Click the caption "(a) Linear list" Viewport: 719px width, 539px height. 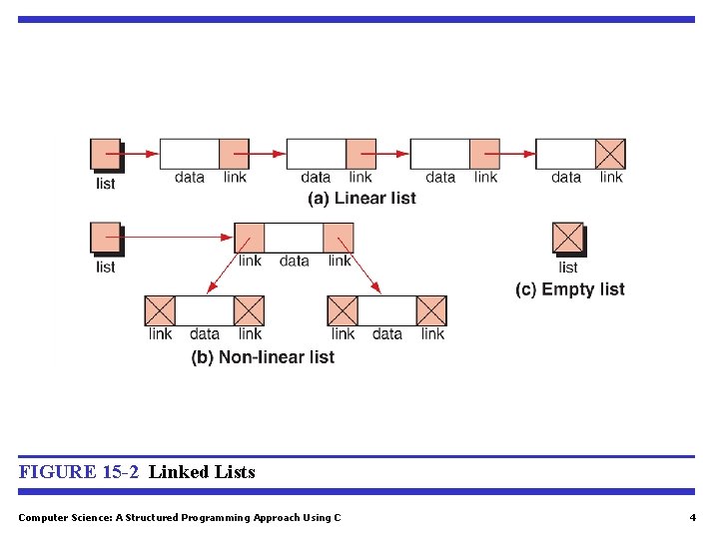point(361,199)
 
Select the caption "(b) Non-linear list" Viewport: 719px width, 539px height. point(263,357)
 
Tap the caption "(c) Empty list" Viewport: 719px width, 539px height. point(570,289)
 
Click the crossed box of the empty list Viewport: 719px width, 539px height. point(567,239)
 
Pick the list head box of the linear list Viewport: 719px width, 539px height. point(105,154)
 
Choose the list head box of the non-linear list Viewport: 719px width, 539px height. point(105,238)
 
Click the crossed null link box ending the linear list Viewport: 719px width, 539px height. point(610,154)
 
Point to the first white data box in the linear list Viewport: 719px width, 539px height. point(190,154)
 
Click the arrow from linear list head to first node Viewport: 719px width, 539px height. point(139,154)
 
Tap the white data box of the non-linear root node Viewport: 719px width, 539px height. point(295,238)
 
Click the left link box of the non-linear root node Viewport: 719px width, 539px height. point(250,238)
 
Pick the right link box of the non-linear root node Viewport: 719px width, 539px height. point(339,238)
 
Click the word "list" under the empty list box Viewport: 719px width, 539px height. point(568,268)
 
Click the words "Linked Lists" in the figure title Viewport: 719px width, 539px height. point(202,472)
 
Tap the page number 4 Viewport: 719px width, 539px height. point(692,517)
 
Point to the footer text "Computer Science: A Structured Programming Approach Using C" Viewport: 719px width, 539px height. point(180,517)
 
